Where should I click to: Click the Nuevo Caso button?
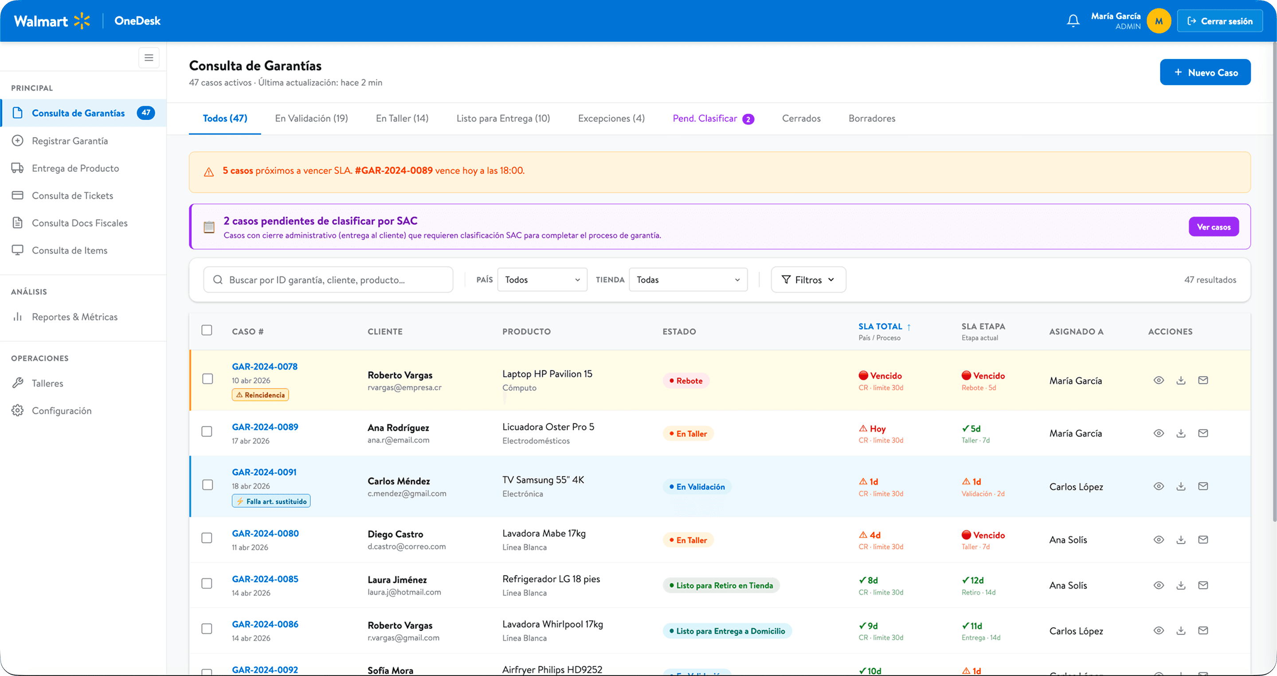1205,72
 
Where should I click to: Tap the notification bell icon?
1073,21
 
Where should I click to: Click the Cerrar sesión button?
1219,21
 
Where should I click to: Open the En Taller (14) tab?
402,118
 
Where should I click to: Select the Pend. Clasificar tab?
713,118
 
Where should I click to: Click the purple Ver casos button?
1214,227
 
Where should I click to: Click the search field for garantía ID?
328,280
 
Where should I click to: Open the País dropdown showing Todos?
542,280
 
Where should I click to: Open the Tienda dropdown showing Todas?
688,280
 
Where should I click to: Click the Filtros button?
808,280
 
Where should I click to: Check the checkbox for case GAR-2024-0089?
207,432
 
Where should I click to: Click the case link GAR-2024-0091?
264,472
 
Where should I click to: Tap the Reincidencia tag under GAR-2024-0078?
260,395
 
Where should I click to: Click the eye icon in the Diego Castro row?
1159,540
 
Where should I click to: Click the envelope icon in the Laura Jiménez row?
1203,585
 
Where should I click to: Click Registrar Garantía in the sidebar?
70,141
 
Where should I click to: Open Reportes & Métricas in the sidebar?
75,317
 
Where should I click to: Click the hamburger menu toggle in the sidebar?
149,58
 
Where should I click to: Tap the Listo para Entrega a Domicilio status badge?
727,631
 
